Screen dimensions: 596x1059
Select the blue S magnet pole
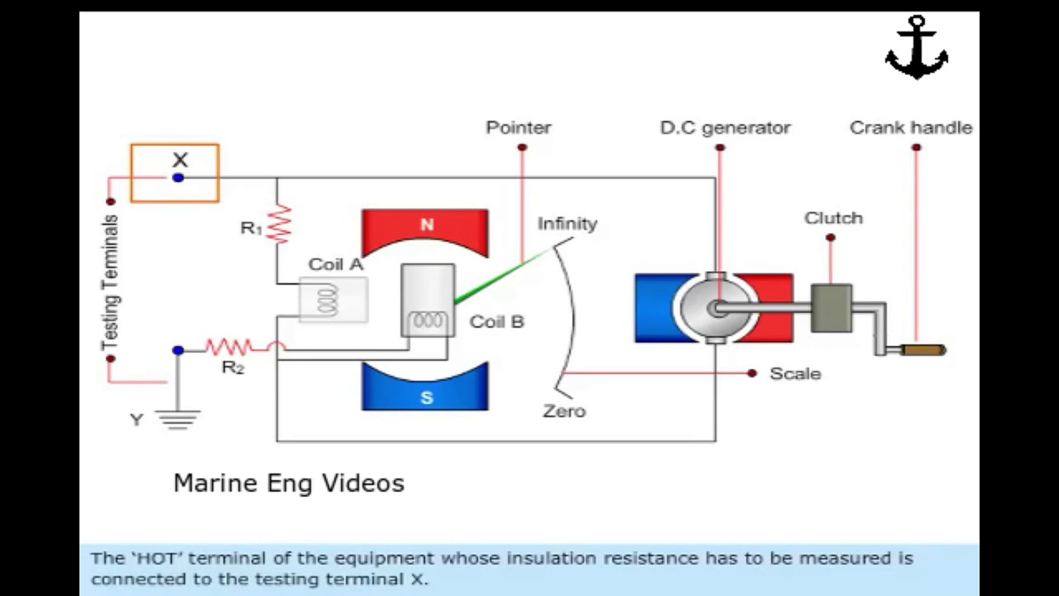pyautogui.click(x=425, y=394)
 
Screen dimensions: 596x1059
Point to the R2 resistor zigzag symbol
pyautogui.click(x=228, y=347)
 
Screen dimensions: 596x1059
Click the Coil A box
pyautogui.click(x=333, y=300)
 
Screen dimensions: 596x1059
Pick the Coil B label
pyautogui.click(x=496, y=322)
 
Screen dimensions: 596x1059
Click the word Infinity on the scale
pyautogui.click(x=567, y=223)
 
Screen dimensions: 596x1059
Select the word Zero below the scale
pyautogui.click(x=564, y=411)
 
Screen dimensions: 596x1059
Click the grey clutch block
pyautogui.click(x=831, y=308)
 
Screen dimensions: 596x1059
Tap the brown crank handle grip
pyautogui.click(x=922, y=350)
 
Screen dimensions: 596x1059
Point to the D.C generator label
pyautogui.click(x=725, y=127)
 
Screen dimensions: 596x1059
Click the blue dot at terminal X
pyautogui.click(x=178, y=177)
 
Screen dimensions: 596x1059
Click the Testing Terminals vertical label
pyautogui.click(x=110, y=281)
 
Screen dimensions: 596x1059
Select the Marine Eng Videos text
pyautogui.click(x=289, y=483)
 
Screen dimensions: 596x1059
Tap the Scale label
pyautogui.click(x=795, y=373)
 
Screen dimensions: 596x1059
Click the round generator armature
pyautogui.click(x=715, y=308)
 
